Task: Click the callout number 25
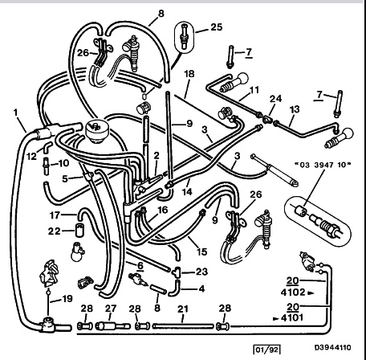click(x=217, y=27)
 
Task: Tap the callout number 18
click(x=189, y=74)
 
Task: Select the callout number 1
click(x=16, y=112)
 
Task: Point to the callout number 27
click(x=110, y=309)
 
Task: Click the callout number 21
click(x=183, y=309)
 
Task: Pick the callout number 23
click(x=201, y=272)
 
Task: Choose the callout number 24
click(x=275, y=99)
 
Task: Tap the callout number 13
click(x=295, y=109)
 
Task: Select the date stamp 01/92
click(x=266, y=350)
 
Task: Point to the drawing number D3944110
click(x=332, y=348)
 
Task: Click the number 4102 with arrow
click(x=297, y=292)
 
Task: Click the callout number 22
click(x=54, y=231)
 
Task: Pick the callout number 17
click(x=55, y=215)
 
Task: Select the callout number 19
click(x=67, y=298)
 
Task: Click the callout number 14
click(x=187, y=191)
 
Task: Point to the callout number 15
click(x=201, y=252)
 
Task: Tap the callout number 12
click(x=31, y=156)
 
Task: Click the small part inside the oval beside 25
click(x=184, y=36)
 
